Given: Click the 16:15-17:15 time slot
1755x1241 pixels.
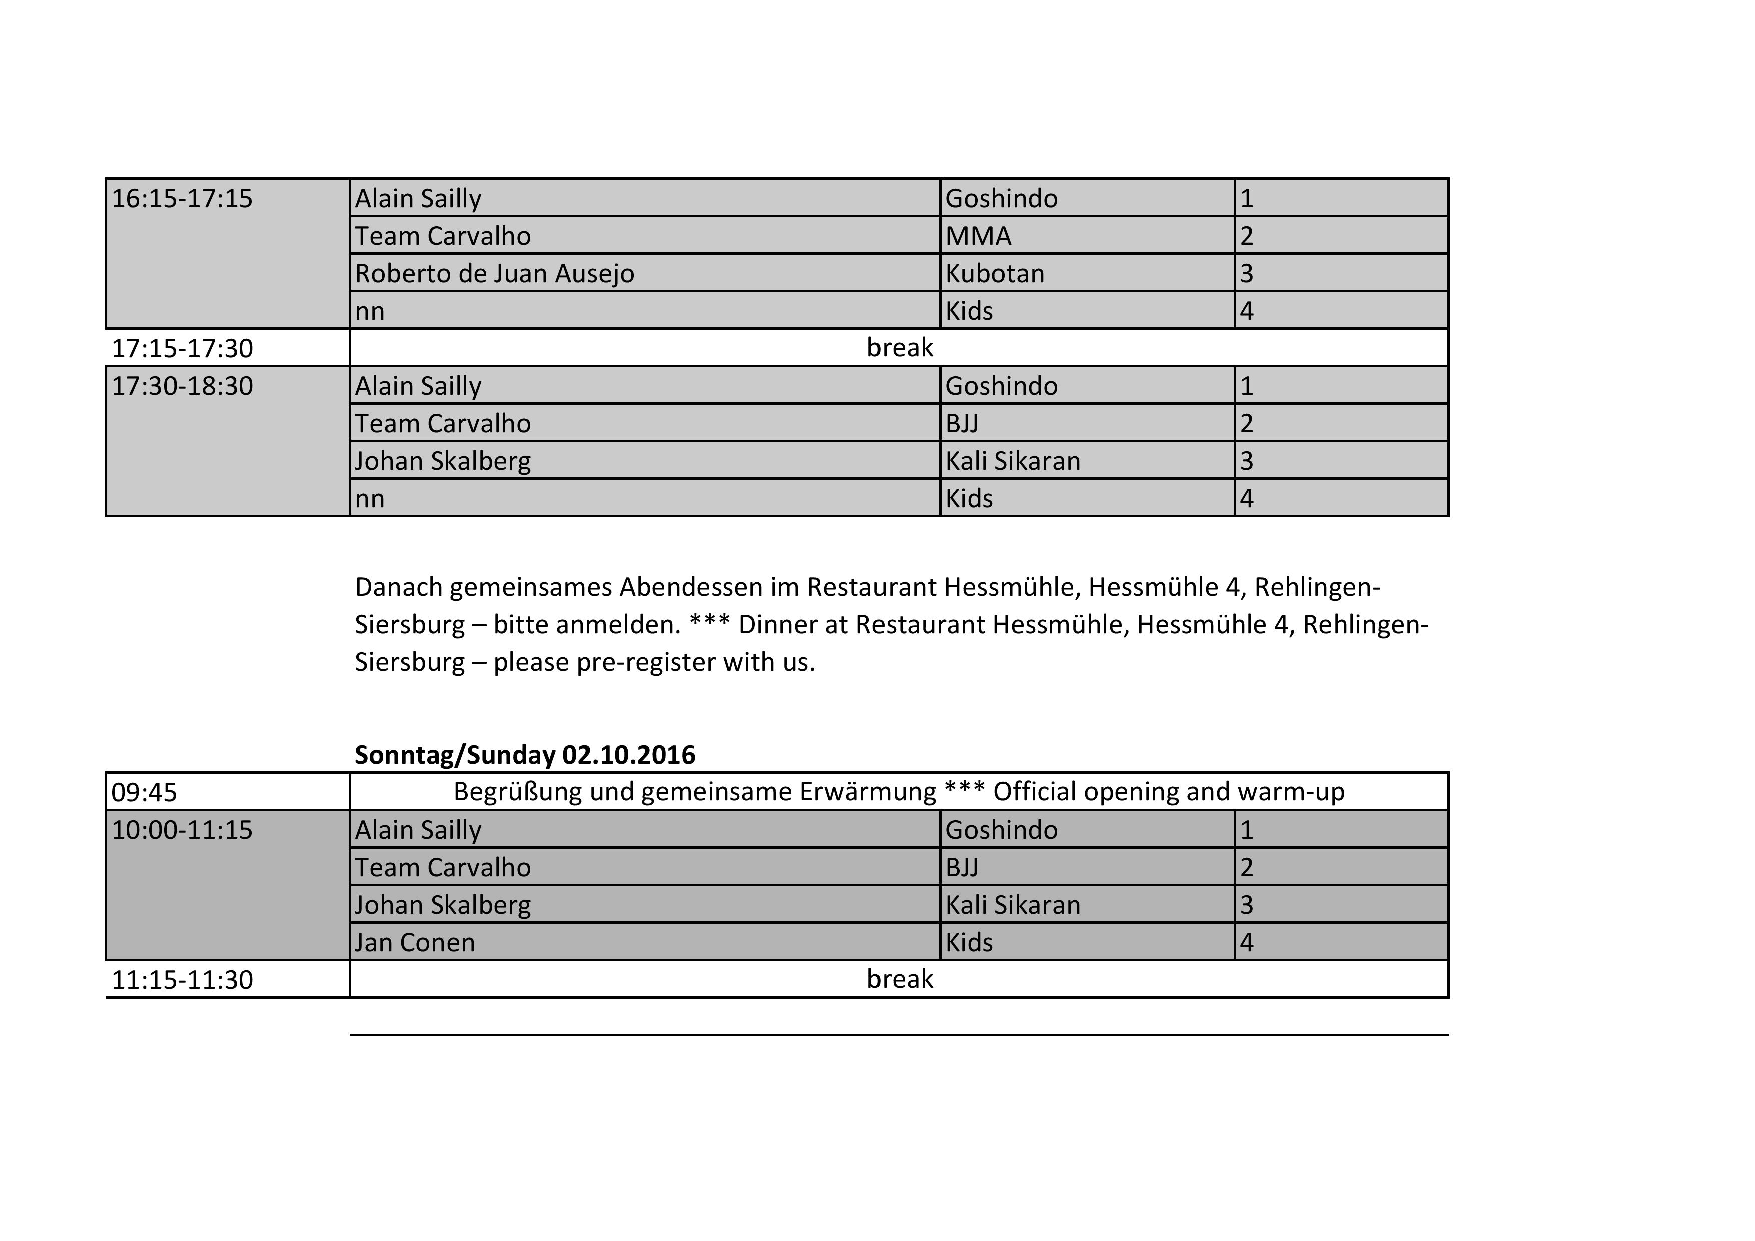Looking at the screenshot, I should coord(182,199).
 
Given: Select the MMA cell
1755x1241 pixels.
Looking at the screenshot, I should coord(978,236).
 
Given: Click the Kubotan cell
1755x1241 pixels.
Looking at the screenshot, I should coord(995,274).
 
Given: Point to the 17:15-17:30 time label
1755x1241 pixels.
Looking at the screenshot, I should coord(182,349).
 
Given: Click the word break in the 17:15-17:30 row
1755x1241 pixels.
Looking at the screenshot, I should coord(899,348).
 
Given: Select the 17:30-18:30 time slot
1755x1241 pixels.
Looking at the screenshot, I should coord(182,386).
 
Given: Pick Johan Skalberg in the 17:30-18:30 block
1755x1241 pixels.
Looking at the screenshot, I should coord(443,461).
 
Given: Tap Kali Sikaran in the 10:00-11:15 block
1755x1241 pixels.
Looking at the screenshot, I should coord(1012,905).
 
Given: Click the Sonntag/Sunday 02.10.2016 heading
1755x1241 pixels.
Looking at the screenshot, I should coord(524,755).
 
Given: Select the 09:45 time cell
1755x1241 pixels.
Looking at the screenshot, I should coord(144,792).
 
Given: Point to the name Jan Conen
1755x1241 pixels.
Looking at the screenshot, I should coord(414,942).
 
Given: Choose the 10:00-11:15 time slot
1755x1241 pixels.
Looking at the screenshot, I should coord(182,830).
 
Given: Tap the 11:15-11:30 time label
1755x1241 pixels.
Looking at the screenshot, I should coord(182,980).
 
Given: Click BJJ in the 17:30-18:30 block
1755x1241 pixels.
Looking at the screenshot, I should coord(962,423).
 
